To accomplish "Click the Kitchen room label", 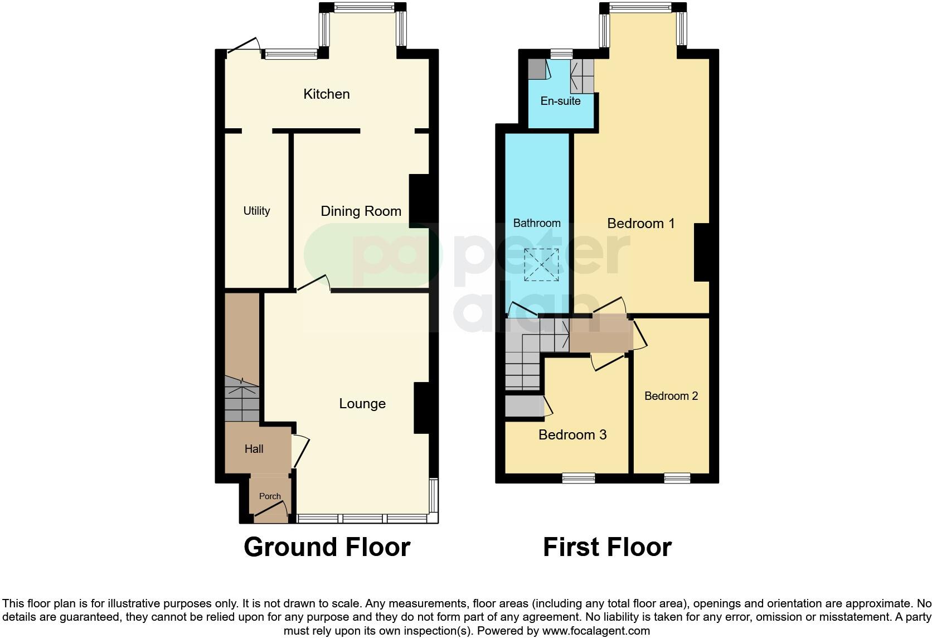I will tap(326, 94).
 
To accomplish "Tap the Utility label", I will tap(256, 211).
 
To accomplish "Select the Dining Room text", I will tap(361, 211).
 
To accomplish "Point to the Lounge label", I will tap(362, 404).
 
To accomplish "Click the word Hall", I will tap(254, 449).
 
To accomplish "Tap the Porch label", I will tap(270, 496).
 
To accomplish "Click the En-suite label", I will tap(560, 101).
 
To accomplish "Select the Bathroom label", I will tap(536, 223).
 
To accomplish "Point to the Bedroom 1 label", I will tap(640, 224).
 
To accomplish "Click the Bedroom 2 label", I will tap(671, 396).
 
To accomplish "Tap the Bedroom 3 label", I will tap(572, 435).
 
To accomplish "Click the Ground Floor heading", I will tap(327, 547).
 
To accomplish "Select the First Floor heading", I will tap(607, 547).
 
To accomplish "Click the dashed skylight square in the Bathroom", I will tap(541, 265).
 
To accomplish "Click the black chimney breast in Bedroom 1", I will tap(702, 252).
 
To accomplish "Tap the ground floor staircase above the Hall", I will tap(242, 399).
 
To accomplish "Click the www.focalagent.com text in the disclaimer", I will tap(595, 631).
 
